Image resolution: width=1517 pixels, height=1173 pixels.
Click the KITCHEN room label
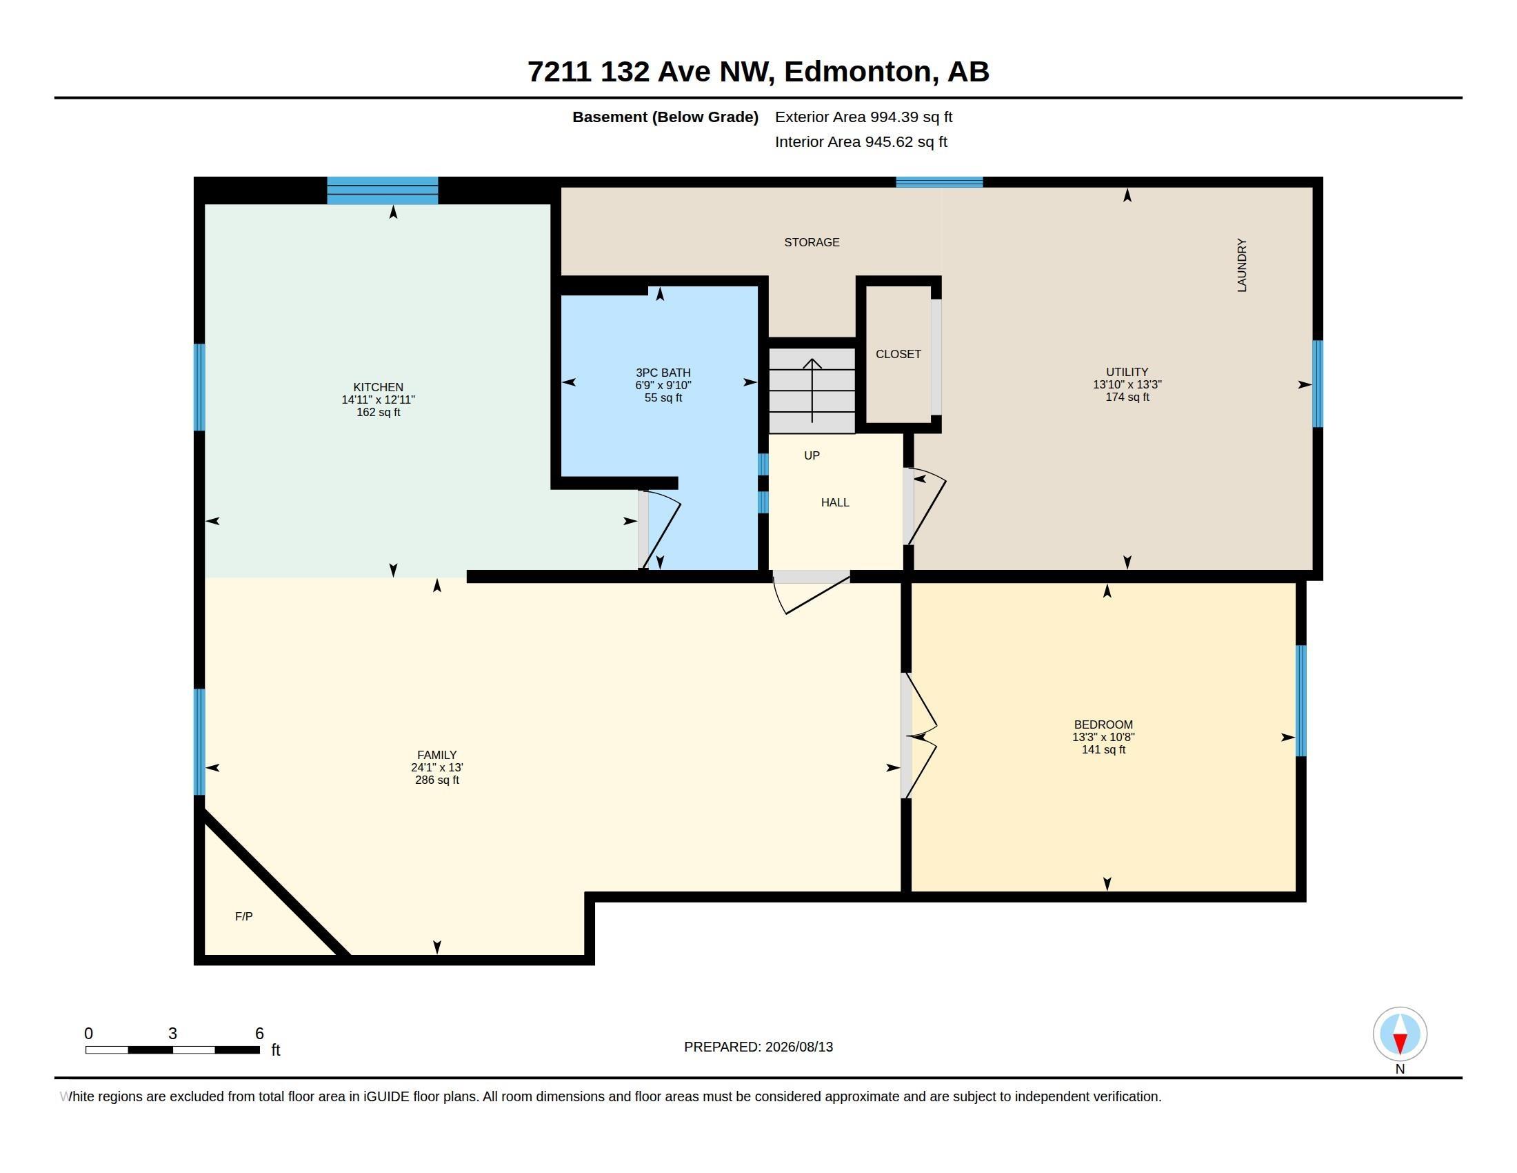pyautogui.click(x=378, y=387)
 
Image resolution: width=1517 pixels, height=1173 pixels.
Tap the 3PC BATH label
pyautogui.click(x=663, y=373)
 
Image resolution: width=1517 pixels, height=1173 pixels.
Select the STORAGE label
pyautogui.click(x=812, y=241)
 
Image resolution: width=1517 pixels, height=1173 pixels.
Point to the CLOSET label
pyautogui.click(x=898, y=354)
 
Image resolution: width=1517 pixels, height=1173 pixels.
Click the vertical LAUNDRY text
pyautogui.click(x=1242, y=266)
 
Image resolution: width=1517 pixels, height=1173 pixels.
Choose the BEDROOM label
pyautogui.click(x=1103, y=724)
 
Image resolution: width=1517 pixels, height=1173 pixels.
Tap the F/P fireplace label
pyautogui.click(x=244, y=916)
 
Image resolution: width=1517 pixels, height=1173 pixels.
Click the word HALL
pyautogui.click(x=835, y=502)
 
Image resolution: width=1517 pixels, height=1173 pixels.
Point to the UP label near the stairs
pyautogui.click(x=812, y=455)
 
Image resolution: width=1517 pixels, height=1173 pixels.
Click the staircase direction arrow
pyautogui.click(x=812, y=390)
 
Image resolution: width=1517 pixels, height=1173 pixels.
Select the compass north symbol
pyautogui.click(x=1400, y=1034)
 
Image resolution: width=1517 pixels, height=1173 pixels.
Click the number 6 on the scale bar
pyautogui.click(x=259, y=1034)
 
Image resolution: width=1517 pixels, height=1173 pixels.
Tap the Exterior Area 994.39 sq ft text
pyautogui.click(x=863, y=117)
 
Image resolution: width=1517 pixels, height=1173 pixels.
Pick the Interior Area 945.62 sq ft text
pyautogui.click(x=861, y=141)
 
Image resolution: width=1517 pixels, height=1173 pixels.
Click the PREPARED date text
pyautogui.click(x=758, y=1047)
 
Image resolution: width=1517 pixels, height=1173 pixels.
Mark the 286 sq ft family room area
pyautogui.click(x=437, y=780)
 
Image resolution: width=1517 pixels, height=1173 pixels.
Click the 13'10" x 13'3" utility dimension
pyautogui.click(x=1127, y=384)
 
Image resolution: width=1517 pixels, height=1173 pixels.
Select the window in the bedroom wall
pyautogui.click(x=1301, y=700)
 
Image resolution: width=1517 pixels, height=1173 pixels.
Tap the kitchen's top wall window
pyautogui.click(x=383, y=190)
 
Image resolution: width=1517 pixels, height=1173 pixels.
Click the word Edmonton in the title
pyautogui.click(x=858, y=72)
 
